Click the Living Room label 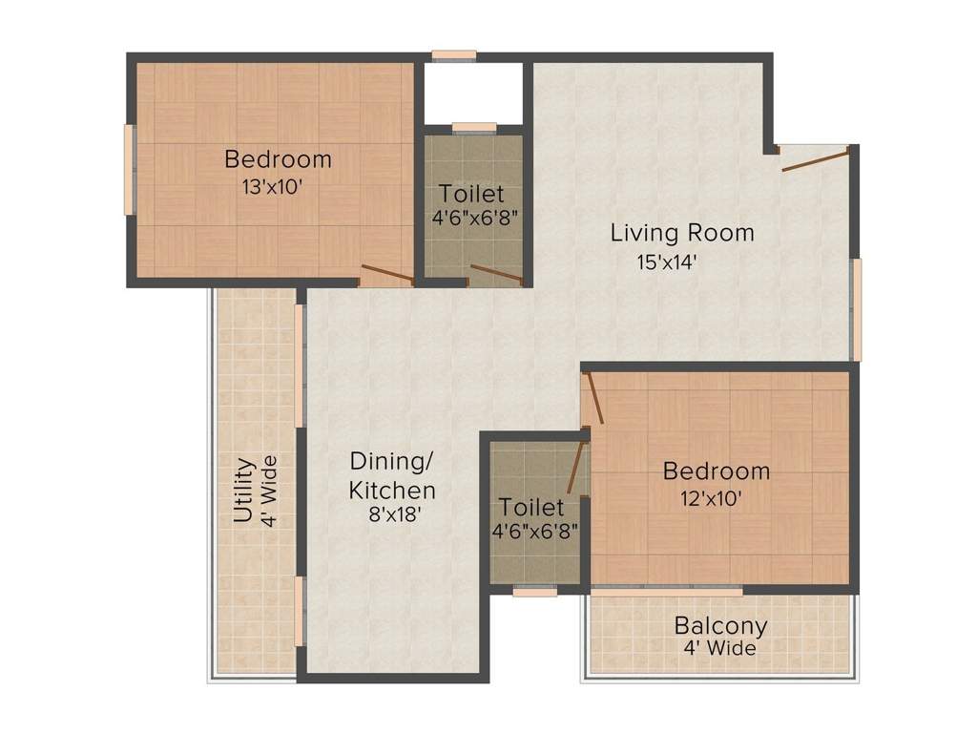682,232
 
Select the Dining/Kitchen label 392,475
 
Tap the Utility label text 243,491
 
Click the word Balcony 720,626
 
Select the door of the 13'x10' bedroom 386,274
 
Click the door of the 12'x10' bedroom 594,398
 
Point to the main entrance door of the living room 815,159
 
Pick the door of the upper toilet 497,275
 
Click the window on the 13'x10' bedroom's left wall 128,170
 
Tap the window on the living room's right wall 857,308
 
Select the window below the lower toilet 534,592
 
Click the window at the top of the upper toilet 474,126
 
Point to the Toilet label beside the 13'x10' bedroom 471,194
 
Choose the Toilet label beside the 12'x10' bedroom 531,507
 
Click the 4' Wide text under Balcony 720,649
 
